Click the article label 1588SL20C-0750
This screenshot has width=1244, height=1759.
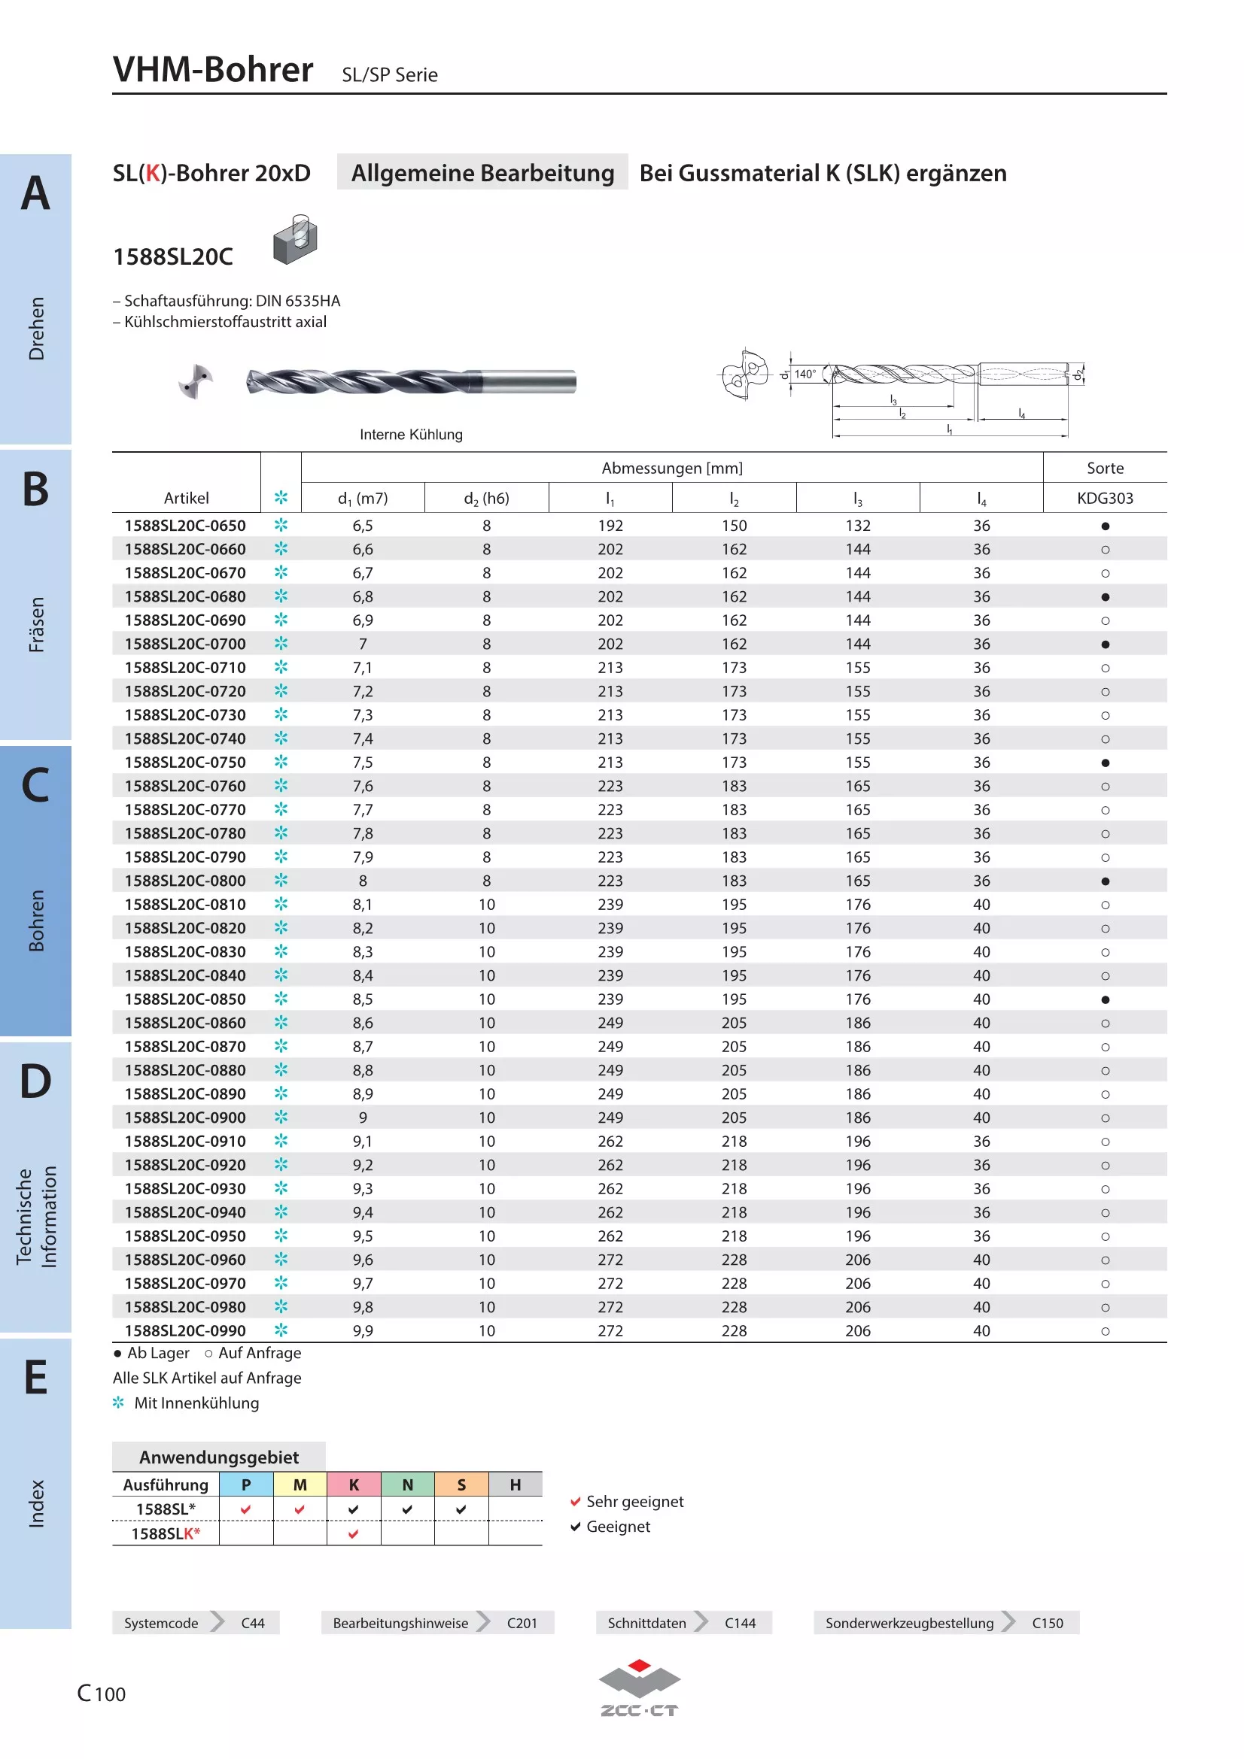click(x=185, y=763)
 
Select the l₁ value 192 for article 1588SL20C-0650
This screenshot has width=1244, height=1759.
click(x=610, y=526)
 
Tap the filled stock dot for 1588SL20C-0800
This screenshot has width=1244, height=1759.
click(x=1105, y=881)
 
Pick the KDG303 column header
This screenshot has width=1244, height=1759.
click(x=1105, y=498)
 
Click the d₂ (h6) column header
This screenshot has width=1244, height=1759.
click(x=486, y=499)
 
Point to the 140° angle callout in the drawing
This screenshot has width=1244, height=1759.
click(x=804, y=374)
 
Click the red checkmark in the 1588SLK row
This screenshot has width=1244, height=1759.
click(x=354, y=1533)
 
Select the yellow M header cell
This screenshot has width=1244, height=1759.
click(x=300, y=1485)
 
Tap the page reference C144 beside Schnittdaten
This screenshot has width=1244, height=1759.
click(x=740, y=1624)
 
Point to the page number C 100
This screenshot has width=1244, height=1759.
click(x=101, y=1693)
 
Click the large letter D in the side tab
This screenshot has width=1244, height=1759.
click(x=35, y=1081)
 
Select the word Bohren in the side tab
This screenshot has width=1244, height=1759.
click(x=36, y=920)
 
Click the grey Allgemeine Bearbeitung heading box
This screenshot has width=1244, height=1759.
click(x=482, y=172)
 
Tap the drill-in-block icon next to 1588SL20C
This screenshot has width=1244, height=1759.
click(x=295, y=240)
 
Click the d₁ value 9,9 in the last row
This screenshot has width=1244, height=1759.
click(x=363, y=1331)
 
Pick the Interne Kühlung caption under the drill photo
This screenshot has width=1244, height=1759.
click(x=411, y=435)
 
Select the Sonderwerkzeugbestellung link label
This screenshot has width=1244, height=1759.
click(x=909, y=1624)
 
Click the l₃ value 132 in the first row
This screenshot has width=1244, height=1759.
click(x=858, y=526)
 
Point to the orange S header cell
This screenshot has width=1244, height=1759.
click(x=461, y=1485)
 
